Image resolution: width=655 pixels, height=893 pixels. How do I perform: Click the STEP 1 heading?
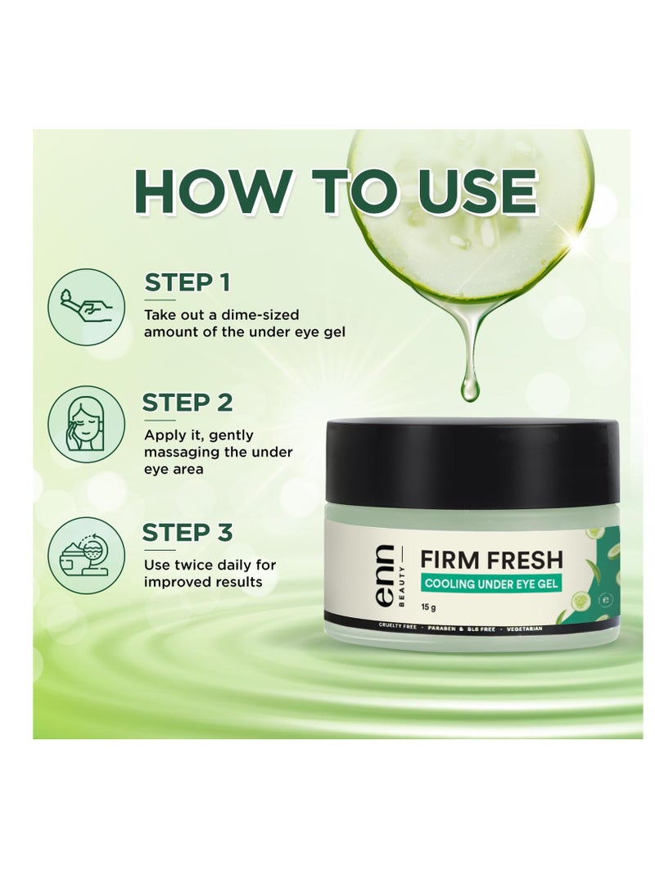pos(187,282)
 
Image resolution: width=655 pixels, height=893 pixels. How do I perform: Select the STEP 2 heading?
pos(187,403)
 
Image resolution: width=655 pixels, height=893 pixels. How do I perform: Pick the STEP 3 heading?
pos(187,532)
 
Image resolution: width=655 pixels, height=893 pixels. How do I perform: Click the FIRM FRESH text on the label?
pos(492,560)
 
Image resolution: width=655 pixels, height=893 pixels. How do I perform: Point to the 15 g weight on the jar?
pos(428,607)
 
